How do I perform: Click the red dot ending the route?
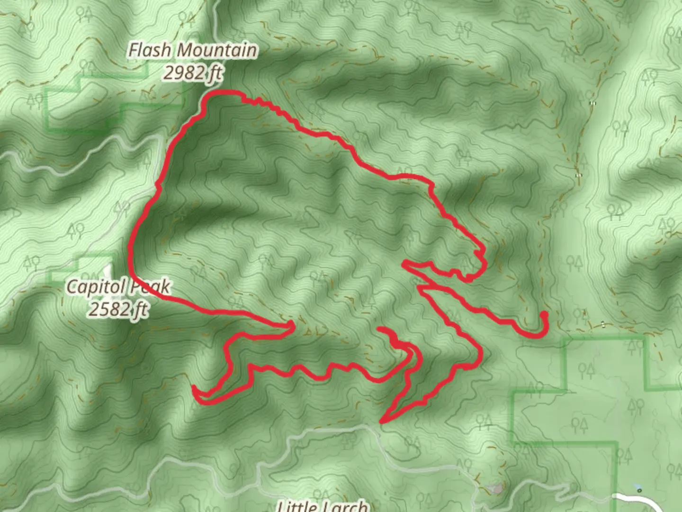point(544,315)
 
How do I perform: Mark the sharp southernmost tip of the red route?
point(382,421)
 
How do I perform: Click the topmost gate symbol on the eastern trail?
point(592,103)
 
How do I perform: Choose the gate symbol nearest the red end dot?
point(602,324)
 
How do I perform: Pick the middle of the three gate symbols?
point(578,175)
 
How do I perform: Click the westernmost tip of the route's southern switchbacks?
point(194,389)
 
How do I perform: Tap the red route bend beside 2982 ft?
point(208,97)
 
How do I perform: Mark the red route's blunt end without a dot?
point(381,329)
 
